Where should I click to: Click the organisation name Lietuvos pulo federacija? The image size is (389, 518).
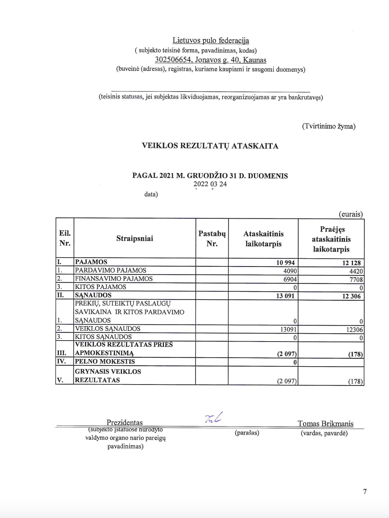point(211,40)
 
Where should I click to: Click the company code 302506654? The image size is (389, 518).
point(173,60)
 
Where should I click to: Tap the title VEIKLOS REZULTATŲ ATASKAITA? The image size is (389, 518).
point(210,145)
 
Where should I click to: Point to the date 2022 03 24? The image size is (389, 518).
point(210,184)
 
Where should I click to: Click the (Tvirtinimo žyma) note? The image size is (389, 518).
point(329,126)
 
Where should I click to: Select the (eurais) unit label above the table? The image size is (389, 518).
point(350,214)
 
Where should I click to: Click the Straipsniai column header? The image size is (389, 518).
point(135,238)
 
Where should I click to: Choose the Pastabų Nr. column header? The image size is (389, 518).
point(212,238)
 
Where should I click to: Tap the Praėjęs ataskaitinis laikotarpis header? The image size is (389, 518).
point(331,239)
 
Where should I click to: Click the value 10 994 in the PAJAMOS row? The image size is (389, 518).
point(285,263)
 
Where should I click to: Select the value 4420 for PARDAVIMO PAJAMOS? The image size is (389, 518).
point(356,271)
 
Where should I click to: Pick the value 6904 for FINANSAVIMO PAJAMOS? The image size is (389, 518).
point(290,279)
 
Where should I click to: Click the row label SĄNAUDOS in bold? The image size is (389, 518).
point(93,295)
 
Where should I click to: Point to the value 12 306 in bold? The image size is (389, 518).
point(351,296)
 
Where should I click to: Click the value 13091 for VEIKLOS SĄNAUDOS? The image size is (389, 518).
point(288,329)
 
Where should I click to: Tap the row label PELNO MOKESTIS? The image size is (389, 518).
point(105,361)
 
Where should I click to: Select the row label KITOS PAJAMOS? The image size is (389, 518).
point(101,287)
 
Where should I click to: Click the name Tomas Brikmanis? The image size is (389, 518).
point(325,423)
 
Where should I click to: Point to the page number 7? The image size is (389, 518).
point(365,492)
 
